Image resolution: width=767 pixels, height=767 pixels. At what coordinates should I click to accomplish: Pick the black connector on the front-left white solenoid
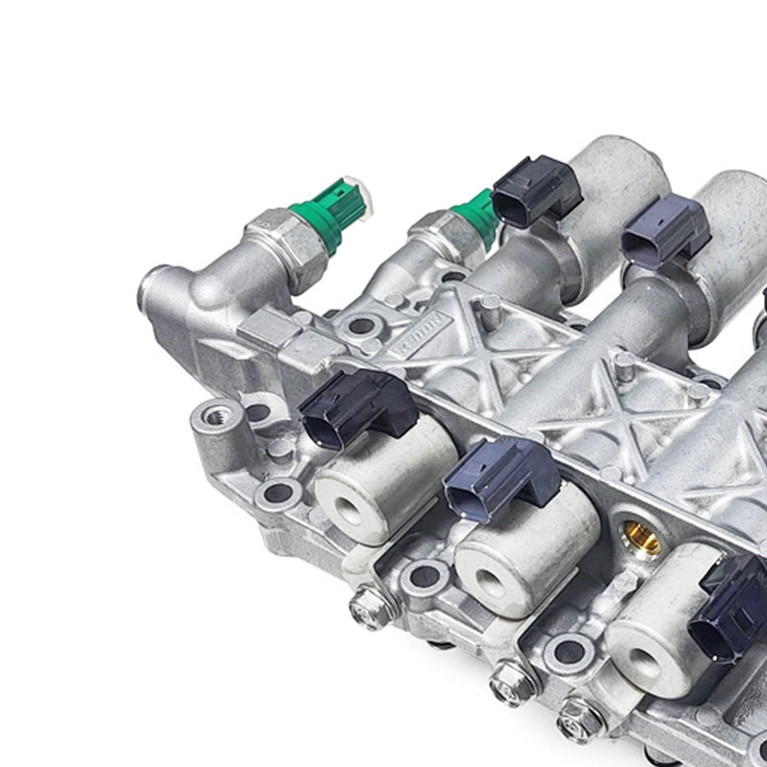point(356,407)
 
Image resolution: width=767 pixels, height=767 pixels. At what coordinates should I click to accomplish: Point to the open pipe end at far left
point(153,287)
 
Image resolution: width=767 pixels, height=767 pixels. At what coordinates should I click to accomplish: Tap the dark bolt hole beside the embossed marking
point(361,326)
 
